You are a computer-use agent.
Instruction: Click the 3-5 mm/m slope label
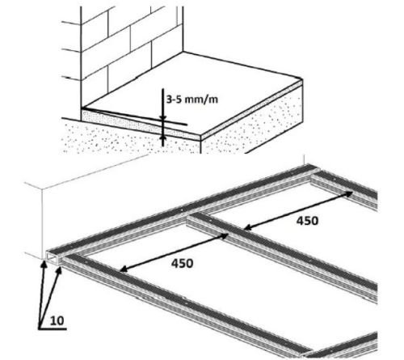coord(192,100)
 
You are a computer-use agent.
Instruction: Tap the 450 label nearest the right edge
coord(307,221)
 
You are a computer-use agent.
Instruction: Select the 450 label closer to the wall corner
coord(182,263)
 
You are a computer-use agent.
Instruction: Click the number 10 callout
coord(57,320)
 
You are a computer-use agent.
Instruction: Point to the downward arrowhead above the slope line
coord(162,117)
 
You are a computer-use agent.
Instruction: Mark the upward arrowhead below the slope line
coord(162,138)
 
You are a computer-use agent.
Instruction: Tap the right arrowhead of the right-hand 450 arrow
coord(349,193)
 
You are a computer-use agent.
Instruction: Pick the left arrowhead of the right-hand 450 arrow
coord(248,227)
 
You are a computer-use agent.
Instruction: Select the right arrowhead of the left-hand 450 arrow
coord(225,235)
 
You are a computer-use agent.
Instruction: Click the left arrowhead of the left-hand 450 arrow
coord(123,269)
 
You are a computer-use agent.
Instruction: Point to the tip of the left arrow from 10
coord(42,260)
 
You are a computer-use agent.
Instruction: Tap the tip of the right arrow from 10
coord(61,267)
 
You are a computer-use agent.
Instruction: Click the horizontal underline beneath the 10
coord(53,328)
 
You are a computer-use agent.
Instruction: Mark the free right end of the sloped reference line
coord(187,125)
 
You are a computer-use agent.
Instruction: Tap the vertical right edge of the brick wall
coord(183,29)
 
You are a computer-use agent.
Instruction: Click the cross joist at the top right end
coord(345,188)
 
